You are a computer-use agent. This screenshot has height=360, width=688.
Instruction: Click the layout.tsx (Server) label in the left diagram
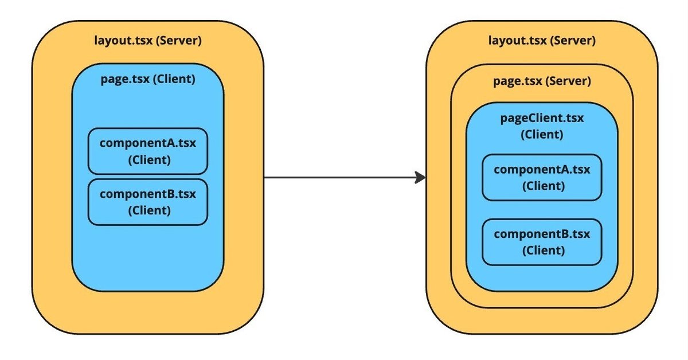[x=147, y=41]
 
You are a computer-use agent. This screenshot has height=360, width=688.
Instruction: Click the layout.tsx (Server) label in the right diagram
[x=542, y=41]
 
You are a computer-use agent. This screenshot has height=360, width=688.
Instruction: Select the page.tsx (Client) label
[x=147, y=79]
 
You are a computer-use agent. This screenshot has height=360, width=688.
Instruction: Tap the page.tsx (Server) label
[x=542, y=81]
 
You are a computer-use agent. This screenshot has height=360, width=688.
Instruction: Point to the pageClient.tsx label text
[x=542, y=119]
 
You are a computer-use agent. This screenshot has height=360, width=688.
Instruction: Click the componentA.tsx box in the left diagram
[x=147, y=151]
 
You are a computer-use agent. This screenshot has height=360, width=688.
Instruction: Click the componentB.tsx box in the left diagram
[x=147, y=202]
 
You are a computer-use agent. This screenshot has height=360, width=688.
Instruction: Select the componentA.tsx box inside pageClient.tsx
[x=542, y=177]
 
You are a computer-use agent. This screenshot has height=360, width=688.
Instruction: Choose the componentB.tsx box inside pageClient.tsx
[x=542, y=242]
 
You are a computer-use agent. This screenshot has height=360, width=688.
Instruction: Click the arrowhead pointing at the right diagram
[x=420, y=178]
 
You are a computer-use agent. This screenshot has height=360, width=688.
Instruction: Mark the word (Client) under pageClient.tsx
[x=542, y=135]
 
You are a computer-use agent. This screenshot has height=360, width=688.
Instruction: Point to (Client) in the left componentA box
[x=148, y=159]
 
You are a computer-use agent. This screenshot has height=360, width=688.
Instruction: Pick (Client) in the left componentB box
[x=148, y=210]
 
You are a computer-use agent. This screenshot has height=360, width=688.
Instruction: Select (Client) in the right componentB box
[x=542, y=251]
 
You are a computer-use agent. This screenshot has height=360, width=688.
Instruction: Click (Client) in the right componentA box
[x=542, y=186]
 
